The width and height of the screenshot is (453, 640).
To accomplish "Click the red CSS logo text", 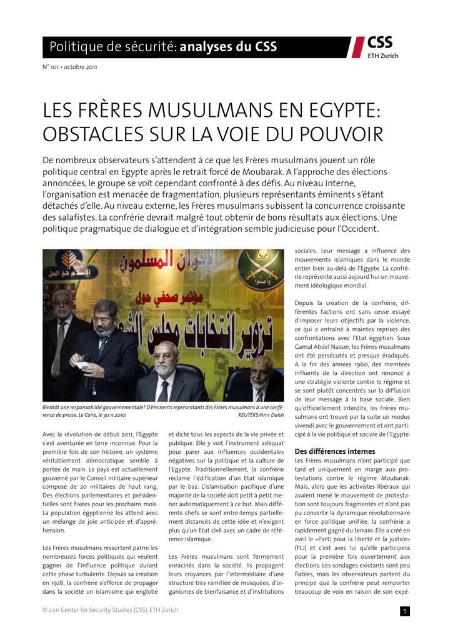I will point(381,42).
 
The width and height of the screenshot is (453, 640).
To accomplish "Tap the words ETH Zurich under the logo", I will point(382,56).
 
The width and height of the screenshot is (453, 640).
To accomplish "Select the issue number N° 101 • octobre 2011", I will point(69,67).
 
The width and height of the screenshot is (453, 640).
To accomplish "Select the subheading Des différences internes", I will point(335,451).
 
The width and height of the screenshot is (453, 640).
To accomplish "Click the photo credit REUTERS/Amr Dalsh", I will point(261,414).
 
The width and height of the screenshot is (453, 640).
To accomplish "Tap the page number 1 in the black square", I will point(405,611).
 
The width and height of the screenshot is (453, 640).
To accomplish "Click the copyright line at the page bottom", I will point(110,610).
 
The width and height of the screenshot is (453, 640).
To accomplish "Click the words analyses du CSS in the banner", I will point(228,47).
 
